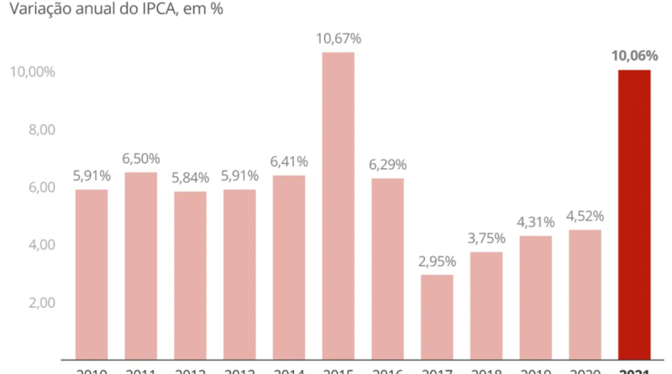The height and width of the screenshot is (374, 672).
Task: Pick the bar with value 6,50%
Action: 141,266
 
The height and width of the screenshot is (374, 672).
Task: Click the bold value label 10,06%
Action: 634,56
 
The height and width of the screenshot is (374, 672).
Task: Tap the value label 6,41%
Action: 289,161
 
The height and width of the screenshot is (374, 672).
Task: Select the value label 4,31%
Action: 535,223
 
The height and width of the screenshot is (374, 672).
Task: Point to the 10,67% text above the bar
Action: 339,39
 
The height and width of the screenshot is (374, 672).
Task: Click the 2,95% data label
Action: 437,261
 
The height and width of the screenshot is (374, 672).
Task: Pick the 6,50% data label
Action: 141,159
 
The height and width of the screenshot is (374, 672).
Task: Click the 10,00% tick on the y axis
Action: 32,72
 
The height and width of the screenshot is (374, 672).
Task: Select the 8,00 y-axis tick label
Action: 39,129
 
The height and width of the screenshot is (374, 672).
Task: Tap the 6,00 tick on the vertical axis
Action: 39,187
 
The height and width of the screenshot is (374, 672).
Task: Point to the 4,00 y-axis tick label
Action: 39,245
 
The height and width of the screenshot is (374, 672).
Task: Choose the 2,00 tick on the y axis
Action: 39,303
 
